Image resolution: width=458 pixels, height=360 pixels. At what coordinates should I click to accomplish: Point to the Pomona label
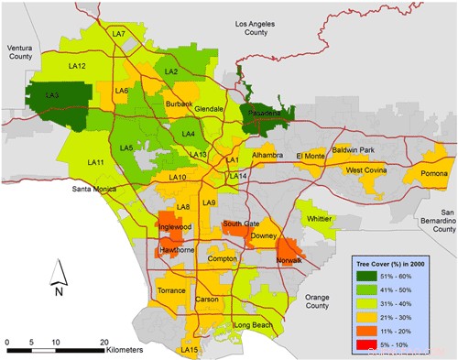click(432, 174)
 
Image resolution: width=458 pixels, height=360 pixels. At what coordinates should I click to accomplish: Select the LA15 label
click(191, 350)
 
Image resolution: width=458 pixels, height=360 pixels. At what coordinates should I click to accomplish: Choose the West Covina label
click(367, 170)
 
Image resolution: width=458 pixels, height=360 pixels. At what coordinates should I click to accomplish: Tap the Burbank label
click(180, 104)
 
